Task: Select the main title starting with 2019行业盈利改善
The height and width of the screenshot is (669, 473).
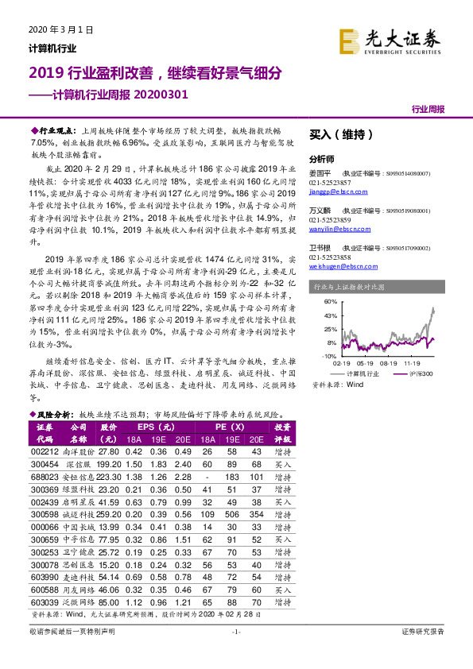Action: pyautogui.click(x=155, y=74)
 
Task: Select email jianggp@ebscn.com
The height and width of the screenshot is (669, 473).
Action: pyautogui.click(x=333, y=191)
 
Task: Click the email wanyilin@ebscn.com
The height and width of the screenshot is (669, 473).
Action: pyautogui.click(x=334, y=230)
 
